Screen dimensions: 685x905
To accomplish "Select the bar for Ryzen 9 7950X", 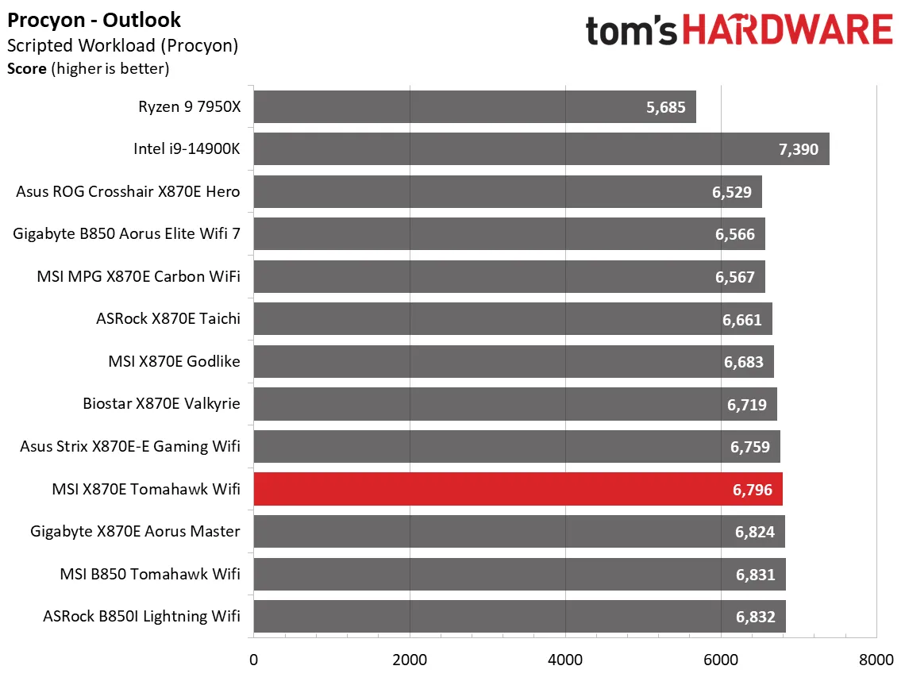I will pos(475,106).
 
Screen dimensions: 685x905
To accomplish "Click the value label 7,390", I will pos(799,149).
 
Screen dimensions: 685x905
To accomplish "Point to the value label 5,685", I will pos(665,106).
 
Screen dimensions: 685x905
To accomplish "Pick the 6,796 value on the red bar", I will pos(751,489).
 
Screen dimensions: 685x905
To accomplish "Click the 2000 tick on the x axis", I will pos(410,659).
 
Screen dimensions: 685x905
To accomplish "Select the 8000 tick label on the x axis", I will pos(876,659).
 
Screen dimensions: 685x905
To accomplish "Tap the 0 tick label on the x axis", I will pos(253,659).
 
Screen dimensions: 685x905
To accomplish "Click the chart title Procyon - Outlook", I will pos(94,20).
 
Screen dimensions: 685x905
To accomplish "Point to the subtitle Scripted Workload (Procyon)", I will pos(122,45).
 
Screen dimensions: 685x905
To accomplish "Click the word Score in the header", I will pos(27,68).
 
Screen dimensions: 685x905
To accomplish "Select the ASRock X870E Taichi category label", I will pos(168,319).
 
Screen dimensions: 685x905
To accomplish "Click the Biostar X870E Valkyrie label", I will pos(161,404).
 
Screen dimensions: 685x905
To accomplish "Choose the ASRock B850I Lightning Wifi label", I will pos(141,617).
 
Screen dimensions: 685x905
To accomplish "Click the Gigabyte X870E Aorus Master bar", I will pos(519,532).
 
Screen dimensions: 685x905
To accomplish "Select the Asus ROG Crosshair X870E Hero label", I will pos(128,191).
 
